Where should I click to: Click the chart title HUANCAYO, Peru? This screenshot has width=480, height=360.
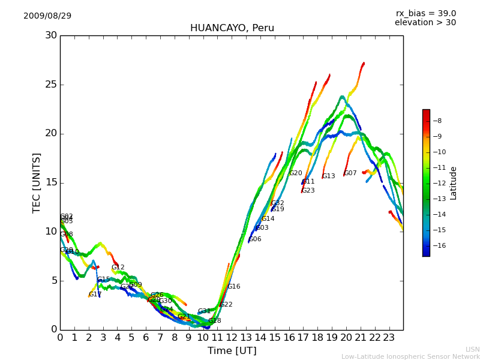click(x=232, y=28)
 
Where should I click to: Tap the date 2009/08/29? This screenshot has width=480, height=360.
click(x=47, y=16)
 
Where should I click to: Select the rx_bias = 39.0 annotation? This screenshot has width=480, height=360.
click(x=425, y=13)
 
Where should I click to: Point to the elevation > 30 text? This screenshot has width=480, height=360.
click(x=425, y=23)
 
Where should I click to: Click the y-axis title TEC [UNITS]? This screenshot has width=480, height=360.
click(x=37, y=182)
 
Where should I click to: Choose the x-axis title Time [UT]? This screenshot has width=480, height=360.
click(x=232, y=350)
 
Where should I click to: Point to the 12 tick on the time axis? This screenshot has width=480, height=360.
click(x=232, y=338)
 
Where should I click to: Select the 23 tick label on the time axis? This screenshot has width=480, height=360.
click(x=389, y=338)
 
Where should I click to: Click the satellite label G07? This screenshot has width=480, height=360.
click(x=350, y=173)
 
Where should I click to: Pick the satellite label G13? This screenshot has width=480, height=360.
click(x=329, y=176)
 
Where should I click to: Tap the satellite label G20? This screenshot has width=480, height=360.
click(x=296, y=173)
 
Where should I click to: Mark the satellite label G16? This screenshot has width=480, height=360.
click(x=233, y=287)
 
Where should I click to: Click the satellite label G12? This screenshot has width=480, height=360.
click(x=118, y=268)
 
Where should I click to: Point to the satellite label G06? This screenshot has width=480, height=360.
click(x=255, y=239)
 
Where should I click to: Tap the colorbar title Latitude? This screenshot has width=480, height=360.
click(x=454, y=183)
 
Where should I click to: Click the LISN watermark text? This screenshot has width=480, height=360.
click(x=472, y=349)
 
